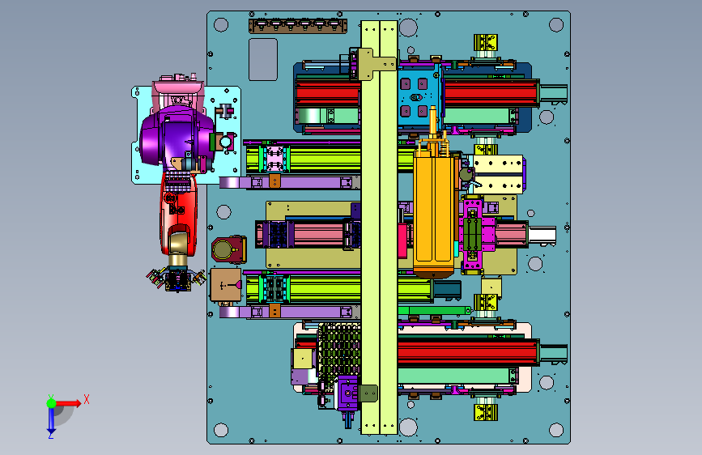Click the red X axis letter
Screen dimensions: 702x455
[87, 399]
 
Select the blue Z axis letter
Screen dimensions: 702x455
[50, 436]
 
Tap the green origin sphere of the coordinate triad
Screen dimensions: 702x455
[52, 403]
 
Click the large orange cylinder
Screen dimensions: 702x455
[433, 210]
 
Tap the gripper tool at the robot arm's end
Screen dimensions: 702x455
[177, 279]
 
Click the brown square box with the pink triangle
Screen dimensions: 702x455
[226, 284]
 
